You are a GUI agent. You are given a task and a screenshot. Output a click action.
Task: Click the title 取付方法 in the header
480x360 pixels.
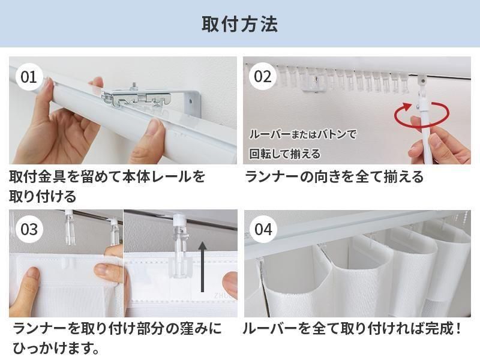[239, 24]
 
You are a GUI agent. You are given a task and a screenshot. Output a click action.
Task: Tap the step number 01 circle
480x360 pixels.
[28, 77]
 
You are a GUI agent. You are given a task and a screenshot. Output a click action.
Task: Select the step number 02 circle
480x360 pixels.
[263, 77]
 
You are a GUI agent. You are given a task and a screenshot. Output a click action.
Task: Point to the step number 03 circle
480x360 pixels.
[29, 229]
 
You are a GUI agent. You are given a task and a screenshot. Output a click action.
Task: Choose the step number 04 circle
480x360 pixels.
[263, 229]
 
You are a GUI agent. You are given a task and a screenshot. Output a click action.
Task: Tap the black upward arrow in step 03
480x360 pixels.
[202, 266]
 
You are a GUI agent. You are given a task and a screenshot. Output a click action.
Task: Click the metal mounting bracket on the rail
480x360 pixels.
[134, 97]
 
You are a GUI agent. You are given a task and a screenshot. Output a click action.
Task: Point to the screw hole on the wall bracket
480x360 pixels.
[191, 100]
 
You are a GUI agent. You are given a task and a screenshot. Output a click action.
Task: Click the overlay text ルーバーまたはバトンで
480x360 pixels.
[303, 134]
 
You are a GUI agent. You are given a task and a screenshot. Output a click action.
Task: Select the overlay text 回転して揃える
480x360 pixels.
[284, 154]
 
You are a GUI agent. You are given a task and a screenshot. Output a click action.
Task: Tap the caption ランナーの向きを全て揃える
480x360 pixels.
[334, 177]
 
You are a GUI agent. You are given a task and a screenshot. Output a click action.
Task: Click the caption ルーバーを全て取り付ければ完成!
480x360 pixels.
[352, 328]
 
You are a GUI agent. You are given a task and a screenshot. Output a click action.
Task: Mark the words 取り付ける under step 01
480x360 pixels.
[43, 196]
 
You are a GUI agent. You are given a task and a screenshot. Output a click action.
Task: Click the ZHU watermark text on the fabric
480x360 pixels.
[223, 296]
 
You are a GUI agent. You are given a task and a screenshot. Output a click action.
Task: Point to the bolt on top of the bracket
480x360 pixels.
[133, 86]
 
